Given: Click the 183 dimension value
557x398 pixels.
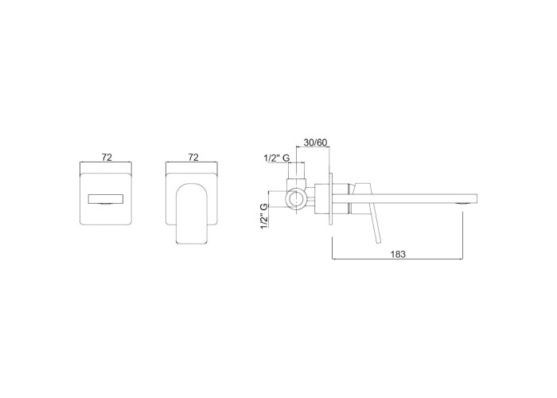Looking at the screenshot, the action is click(398, 254).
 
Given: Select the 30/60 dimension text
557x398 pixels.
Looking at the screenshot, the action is click(315, 142).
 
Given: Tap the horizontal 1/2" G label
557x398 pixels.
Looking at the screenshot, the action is click(277, 158).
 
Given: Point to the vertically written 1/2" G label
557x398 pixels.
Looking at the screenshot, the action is click(265, 216).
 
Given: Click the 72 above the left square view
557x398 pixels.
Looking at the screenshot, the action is click(107, 157).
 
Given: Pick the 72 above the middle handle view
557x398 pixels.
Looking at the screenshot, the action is click(193, 157).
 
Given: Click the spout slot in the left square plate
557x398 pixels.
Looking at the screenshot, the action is click(106, 199).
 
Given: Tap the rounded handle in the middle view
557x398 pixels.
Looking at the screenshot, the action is click(192, 213).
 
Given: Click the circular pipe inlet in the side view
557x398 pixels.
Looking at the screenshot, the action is click(295, 199).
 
